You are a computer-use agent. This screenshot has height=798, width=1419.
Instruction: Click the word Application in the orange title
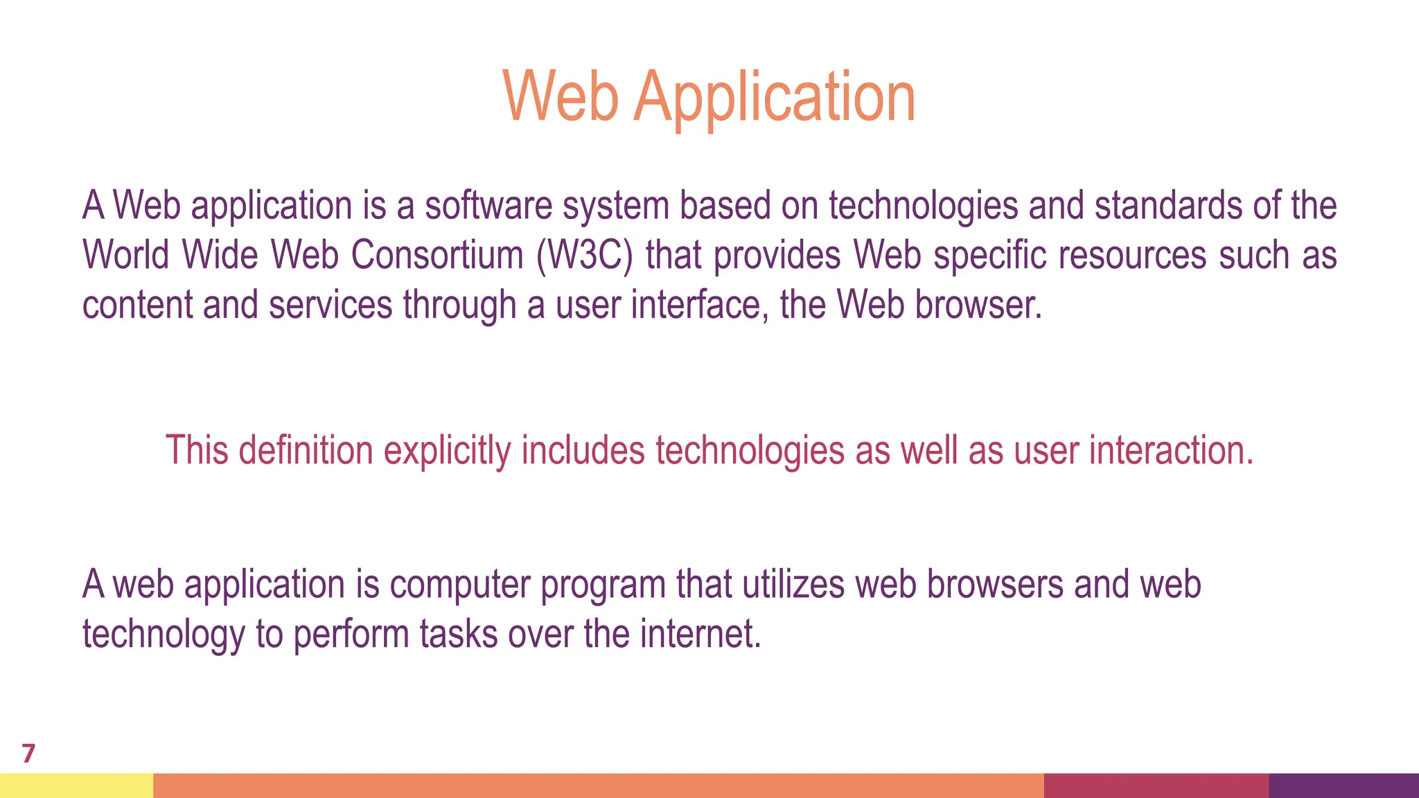pyautogui.click(x=775, y=98)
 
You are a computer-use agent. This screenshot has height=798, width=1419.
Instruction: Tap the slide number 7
pyautogui.click(x=28, y=753)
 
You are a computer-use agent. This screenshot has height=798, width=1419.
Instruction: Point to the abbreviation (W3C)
pyautogui.click(x=584, y=255)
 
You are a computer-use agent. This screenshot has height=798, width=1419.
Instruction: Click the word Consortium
pyautogui.click(x=437, y=255)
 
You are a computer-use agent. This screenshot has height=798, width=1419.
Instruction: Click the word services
pyautogui.click(x=330, y=305)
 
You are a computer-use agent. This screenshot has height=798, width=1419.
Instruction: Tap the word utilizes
pyautogui.click(x=794, y=584)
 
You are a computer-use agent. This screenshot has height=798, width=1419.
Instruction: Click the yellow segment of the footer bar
pyautogui.click(x=76, y=786)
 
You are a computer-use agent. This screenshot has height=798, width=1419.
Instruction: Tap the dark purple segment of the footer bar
pyautogui.click(x=1343, y=786)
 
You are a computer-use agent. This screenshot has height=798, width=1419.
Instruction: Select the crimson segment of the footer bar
pyautogui.click(x=1156, y=786)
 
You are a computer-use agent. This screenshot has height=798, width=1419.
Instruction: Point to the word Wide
pyautogui.click(x=220, y=255)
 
